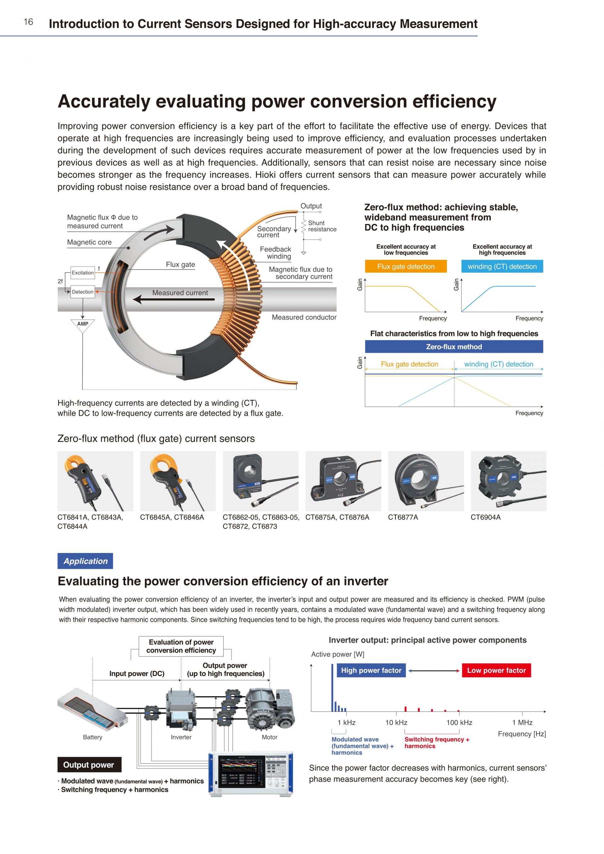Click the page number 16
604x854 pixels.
[28, 22]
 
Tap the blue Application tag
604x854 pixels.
[85, 561]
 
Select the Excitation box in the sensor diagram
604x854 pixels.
[82, 273]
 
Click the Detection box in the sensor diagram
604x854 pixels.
[82, 292]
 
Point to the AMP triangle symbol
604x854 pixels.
[82, 325]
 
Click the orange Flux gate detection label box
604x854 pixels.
[406, 266]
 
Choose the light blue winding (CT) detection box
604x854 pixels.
[502, 266]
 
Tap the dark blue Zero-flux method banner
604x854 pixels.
[454, 347]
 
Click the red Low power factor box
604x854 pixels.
[496, 670]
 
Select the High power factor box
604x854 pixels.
[371, 670]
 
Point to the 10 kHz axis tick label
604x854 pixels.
[396, 722]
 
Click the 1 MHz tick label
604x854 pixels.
[522, 722]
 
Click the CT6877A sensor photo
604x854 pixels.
[426, 481]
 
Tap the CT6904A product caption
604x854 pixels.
[486, 517]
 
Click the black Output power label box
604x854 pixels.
[89, 765]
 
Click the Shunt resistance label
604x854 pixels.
[322, 226]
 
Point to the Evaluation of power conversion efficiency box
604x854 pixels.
[181, 646]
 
